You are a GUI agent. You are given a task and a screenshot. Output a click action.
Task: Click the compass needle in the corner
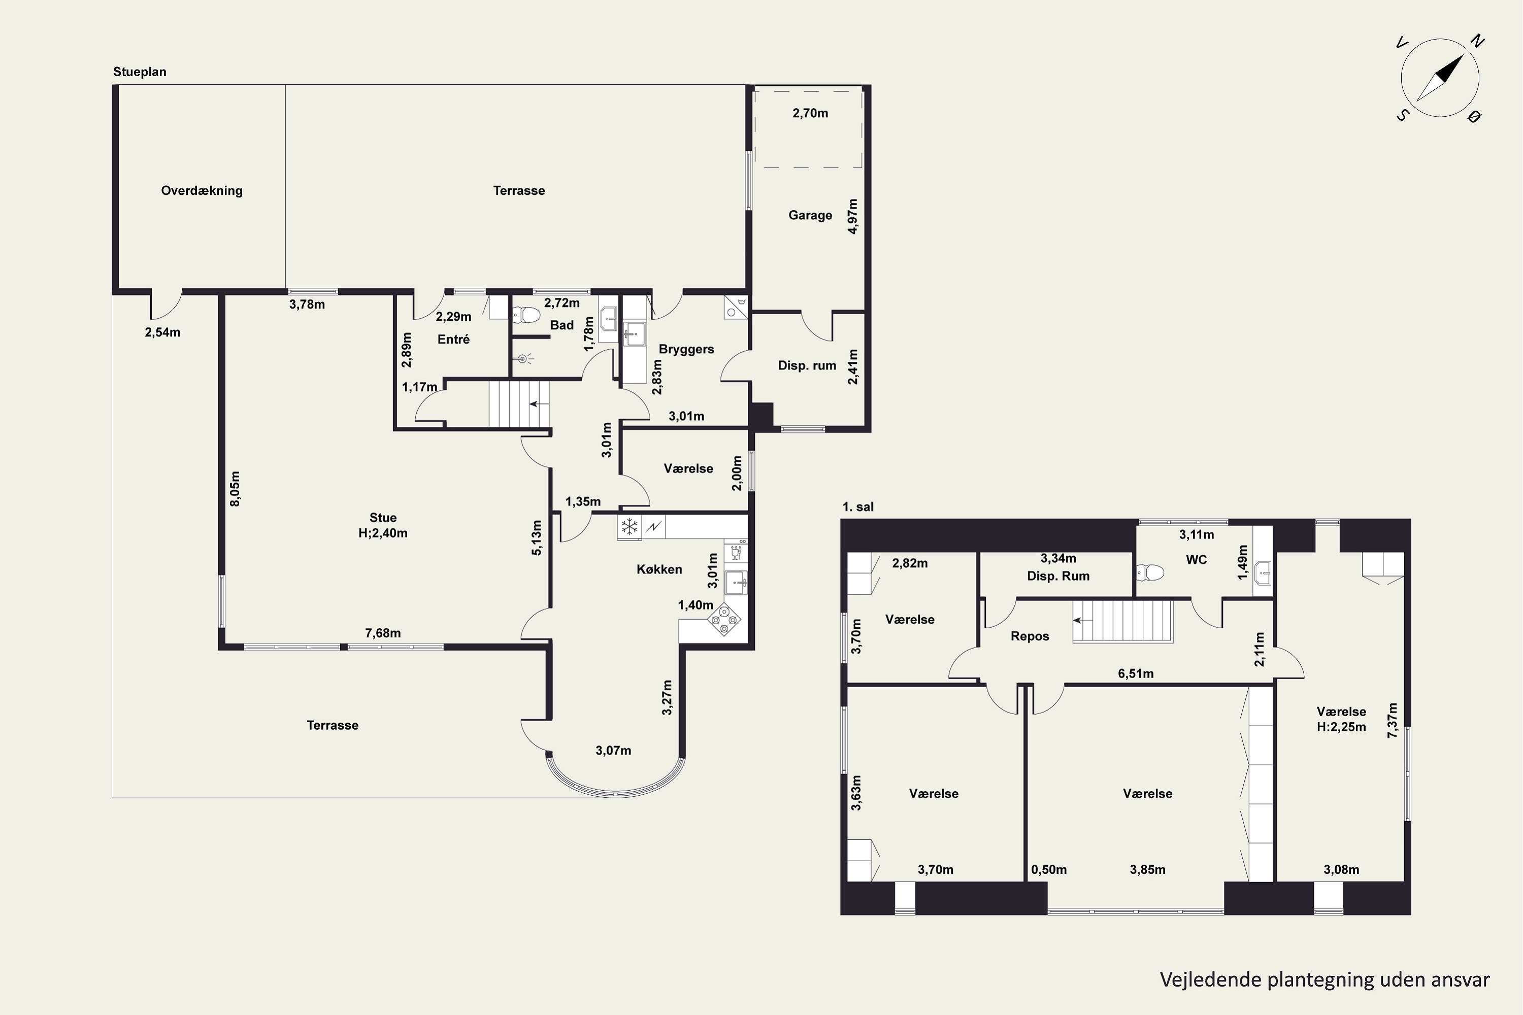tap(1440, 78)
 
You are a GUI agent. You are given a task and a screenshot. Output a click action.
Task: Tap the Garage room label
tap(810, 215)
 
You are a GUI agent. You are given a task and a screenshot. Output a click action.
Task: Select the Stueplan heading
tap(140, 72)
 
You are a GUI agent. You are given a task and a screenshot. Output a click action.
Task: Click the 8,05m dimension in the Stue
tap(235, 489)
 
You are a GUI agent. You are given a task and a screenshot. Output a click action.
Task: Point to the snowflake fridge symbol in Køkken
tap(629, 527)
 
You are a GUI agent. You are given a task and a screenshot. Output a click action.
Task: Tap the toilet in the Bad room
tap(526, 315)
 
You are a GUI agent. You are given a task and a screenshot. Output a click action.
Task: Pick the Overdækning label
tap(202, 190)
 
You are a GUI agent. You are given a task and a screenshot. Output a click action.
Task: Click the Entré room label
tap(453, 339)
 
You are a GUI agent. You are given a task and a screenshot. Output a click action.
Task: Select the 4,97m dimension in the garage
tap(852, 216)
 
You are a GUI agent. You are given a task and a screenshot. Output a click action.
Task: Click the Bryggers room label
tap(686, 349)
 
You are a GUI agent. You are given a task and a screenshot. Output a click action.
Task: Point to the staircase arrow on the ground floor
tap(537, 404)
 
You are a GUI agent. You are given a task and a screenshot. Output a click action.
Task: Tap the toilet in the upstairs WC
tap(1150, 572)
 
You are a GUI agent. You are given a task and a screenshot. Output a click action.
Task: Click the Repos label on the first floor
tap(1030, 636)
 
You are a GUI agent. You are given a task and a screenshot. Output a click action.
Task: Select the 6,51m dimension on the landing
tap(1136, 673)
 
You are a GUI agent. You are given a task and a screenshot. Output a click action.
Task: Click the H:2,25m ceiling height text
tap(1341, 727)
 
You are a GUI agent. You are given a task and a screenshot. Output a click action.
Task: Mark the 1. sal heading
tap(858, 507)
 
